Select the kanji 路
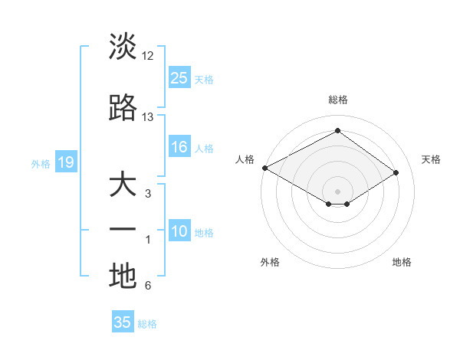123,109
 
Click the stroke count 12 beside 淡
148,56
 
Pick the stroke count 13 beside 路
148,117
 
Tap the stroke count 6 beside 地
148,286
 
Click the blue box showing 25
179,77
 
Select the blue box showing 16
179,147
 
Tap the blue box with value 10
179,232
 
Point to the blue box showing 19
65,162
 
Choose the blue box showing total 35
123,322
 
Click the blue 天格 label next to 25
204,79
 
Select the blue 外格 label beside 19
41,163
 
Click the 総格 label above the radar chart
337,100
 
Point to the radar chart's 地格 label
402,262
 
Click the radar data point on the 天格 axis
396,173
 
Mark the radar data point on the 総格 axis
337,131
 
